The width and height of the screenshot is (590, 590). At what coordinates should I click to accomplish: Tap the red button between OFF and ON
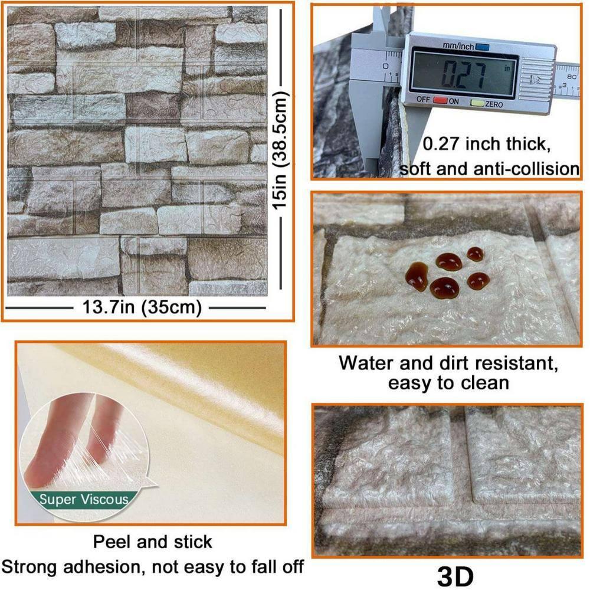pos(440,100)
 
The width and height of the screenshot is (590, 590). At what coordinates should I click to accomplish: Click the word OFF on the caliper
pos(423,100)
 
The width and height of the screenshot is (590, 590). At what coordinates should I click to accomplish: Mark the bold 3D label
pos(455,576)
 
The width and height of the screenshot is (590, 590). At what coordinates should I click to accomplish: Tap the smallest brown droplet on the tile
pos(475,254)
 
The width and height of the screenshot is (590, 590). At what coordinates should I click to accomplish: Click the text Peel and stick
pos(153,541)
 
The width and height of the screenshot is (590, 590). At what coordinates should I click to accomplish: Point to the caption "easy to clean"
pos(448,383)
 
